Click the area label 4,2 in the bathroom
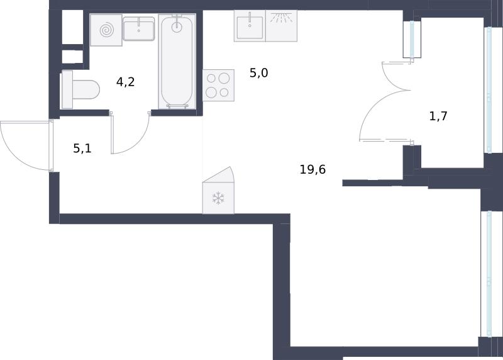point(125,82)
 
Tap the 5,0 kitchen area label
point(259,73)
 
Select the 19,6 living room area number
point(312,169)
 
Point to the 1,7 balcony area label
point(438,116)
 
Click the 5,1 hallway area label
point(82,149)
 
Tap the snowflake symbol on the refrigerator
point(218,198)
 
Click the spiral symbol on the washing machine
point(106,30)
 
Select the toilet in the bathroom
point(80,89)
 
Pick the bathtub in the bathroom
point(177,61)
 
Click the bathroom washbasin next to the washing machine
point(138,28)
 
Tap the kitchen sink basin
point(250,27)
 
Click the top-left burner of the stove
point(211,79)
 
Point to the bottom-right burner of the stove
point(224,93)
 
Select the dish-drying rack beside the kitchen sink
point(281,26)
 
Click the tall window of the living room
point(489,274)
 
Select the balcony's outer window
point(489,90)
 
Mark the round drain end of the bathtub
point(177,27)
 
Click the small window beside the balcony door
point(412,39)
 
